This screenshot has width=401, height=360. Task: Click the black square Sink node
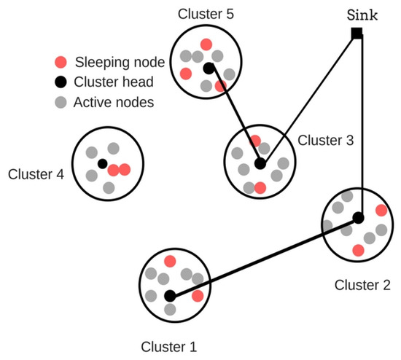click(x=357, y=34)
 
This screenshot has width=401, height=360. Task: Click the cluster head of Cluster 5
click(x=209, y=69)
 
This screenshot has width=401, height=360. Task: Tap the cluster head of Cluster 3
click(x=260, y=164)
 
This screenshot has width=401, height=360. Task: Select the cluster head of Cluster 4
click(x=103, y=163)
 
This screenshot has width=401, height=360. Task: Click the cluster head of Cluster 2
click(x=358, y=218)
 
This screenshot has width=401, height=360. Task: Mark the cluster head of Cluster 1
click(x=170, y=296)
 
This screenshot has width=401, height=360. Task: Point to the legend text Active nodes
click(x=113, y=103)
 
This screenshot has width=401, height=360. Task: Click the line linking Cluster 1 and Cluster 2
click(x=264, y=257)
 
